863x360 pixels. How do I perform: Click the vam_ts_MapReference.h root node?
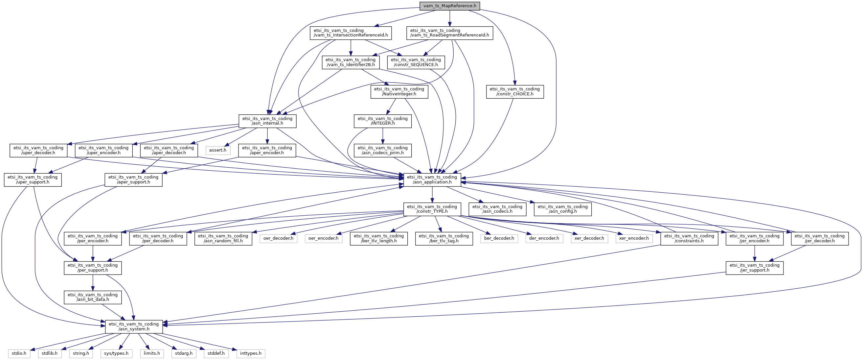450,6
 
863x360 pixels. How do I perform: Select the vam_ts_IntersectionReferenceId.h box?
351,33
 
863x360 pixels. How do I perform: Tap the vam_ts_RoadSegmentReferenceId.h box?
450,33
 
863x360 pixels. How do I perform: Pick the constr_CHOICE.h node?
514,91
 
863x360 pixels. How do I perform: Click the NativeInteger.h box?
399,91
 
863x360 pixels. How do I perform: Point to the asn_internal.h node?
267,121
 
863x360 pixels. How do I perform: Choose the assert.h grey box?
218,150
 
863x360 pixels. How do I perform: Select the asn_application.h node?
432,180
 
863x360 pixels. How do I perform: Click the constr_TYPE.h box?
432,209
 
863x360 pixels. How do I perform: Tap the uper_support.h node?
33,180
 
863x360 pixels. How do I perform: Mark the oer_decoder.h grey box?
278,238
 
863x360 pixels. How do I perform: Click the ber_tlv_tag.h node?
444,238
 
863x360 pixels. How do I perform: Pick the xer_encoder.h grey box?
634,238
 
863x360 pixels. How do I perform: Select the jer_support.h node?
755,268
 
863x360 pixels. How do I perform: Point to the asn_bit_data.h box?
93,297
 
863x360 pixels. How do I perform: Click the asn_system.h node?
134,326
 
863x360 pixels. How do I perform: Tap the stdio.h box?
19,353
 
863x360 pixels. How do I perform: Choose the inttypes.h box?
251,353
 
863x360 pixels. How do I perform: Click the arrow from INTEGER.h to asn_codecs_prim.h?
383,136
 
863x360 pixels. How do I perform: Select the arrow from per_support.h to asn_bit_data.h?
93,282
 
